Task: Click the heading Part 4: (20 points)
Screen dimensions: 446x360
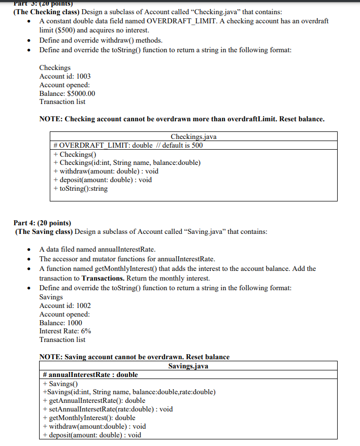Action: [42, 223]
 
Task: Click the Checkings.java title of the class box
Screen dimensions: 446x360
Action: [193, 136]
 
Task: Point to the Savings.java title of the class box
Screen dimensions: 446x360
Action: [188, 366]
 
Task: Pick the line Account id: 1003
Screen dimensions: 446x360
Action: [65, 76]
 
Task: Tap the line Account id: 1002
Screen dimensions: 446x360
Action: [65, 305]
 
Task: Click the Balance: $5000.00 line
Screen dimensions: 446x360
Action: [67, 93]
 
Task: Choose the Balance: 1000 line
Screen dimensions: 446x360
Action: [60, 323]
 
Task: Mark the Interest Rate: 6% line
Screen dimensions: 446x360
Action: [65, 331]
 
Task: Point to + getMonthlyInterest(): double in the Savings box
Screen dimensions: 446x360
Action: [89, 418]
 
